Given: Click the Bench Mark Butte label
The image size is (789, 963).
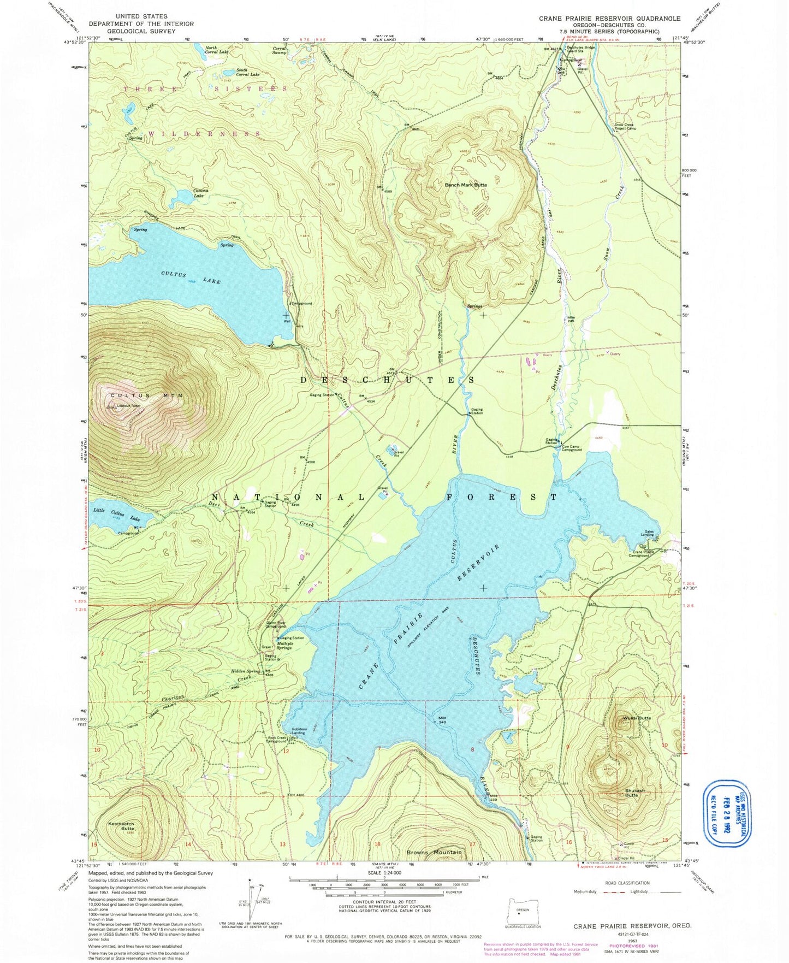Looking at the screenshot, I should pos(465,185).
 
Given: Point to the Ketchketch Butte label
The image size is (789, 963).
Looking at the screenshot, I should pos(121,826).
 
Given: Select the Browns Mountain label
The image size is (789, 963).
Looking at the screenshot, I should pos(434,852).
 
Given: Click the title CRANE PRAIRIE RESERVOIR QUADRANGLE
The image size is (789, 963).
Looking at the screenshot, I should pos(609,19).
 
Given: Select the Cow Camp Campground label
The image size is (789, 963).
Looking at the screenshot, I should pos(571,448).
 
